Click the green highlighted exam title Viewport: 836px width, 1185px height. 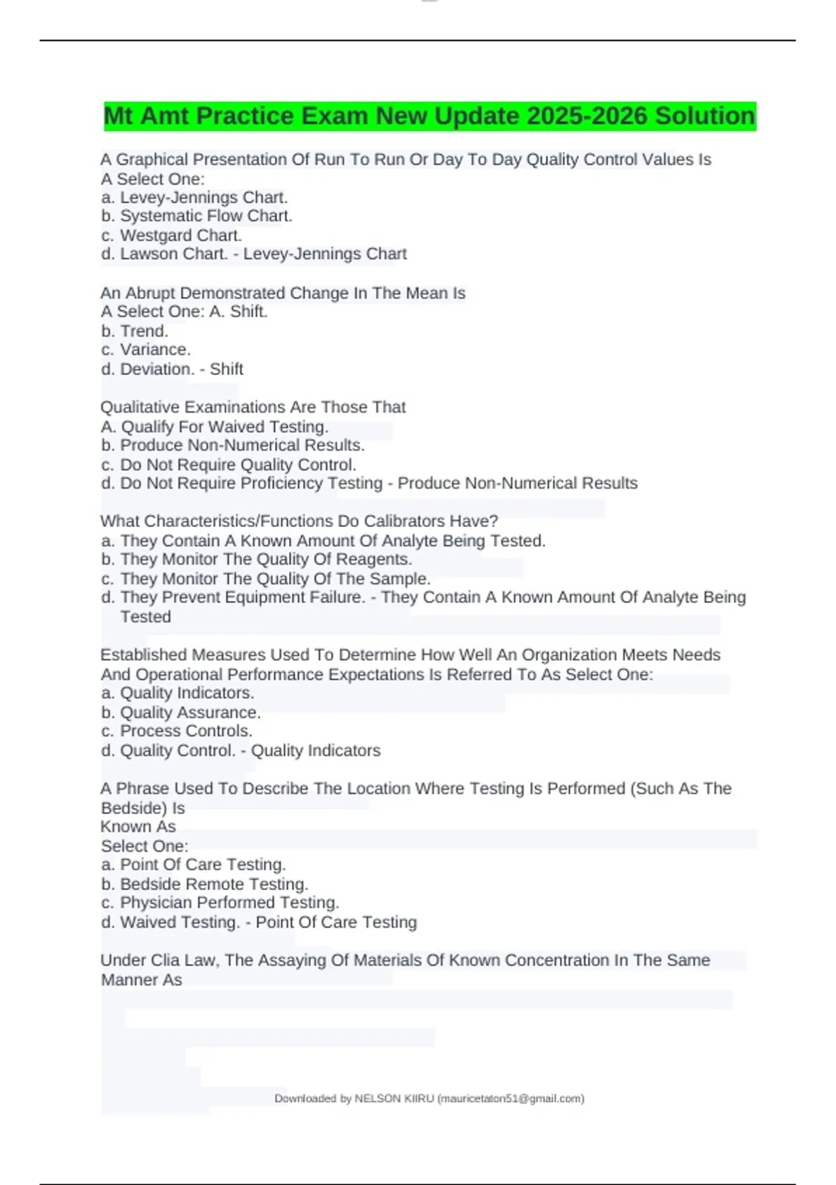coord(429,116)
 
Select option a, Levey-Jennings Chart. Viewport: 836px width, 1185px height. coord(194,197)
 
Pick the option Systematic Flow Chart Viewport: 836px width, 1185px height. coord(196,216)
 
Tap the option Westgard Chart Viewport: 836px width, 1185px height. coord(171,236)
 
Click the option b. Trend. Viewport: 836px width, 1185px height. coord(134,331)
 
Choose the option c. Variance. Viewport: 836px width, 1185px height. coord(146,349)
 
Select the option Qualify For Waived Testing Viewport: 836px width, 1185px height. coord(215,427)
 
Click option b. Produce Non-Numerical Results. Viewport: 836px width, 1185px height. coord(233,445)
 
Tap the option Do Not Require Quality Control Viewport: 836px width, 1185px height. coord(229,464)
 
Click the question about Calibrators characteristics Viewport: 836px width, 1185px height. coord(300,521)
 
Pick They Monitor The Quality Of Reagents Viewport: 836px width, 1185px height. coord(256,559)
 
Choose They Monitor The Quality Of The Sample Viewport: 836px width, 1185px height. coord(265,579)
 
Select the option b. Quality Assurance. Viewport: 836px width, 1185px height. coord(180,712)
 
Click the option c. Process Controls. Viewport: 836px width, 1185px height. coord(176,731)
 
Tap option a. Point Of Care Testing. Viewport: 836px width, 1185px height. coord(193,864)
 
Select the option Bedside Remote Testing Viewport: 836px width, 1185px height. coord(204,884)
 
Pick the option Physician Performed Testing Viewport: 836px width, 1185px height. coord(220,902)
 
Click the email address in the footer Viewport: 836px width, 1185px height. coord(511,1099)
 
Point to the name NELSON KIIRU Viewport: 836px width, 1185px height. coord(394,1099)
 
